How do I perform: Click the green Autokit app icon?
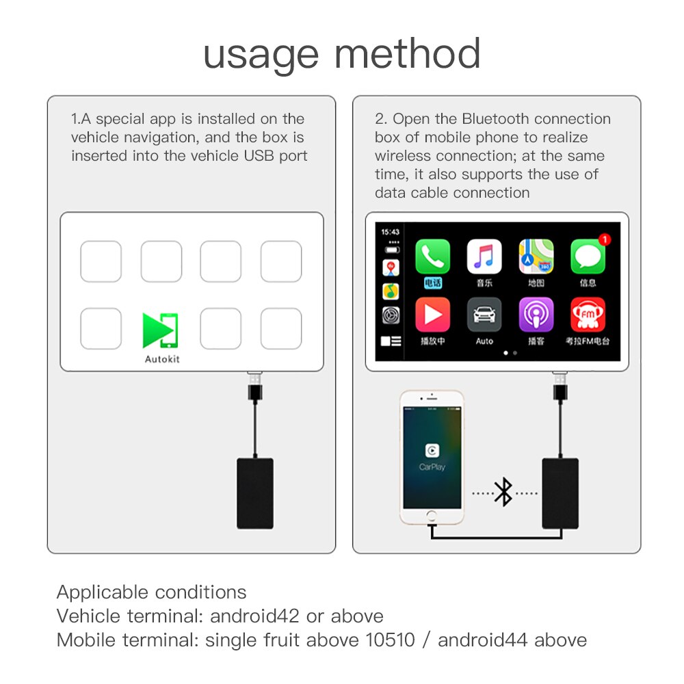pyautogui.click(x=161, y=330)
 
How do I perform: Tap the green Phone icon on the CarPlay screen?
pyautogui.click(x=432, y=257)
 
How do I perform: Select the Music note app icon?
pyautogui.click(x=484, y=257)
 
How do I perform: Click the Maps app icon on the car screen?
pyautogui.click(x=536, y=257)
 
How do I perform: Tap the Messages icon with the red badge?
pyautogui.click(x=588, y=257)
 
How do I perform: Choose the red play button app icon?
pyautogui.click(x=432, y=315)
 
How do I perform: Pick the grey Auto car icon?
pyautogui.click(x=484, y=315)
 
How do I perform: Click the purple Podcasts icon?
pyautogui.click(x=536, y=315)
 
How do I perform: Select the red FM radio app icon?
pyautogui.click(x=588, y=315)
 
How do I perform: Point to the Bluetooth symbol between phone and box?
pyautogui.click(x=503, y=492)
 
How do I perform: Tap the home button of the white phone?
pyautogui.click(x=432, y=517)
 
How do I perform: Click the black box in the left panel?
pyautogui.click(x=255, y=493)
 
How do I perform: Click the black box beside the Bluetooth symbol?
pyautogui.click(x=560, y=493)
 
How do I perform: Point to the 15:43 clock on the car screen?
pyautogui.click(x=390, y=232)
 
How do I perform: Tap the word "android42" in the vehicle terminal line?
pyautogui.click(x=254, y=616)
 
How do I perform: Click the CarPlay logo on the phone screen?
pyautogui.click(x=432, y=450)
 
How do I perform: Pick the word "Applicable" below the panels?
pyautogui.click(x=103, y=592)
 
